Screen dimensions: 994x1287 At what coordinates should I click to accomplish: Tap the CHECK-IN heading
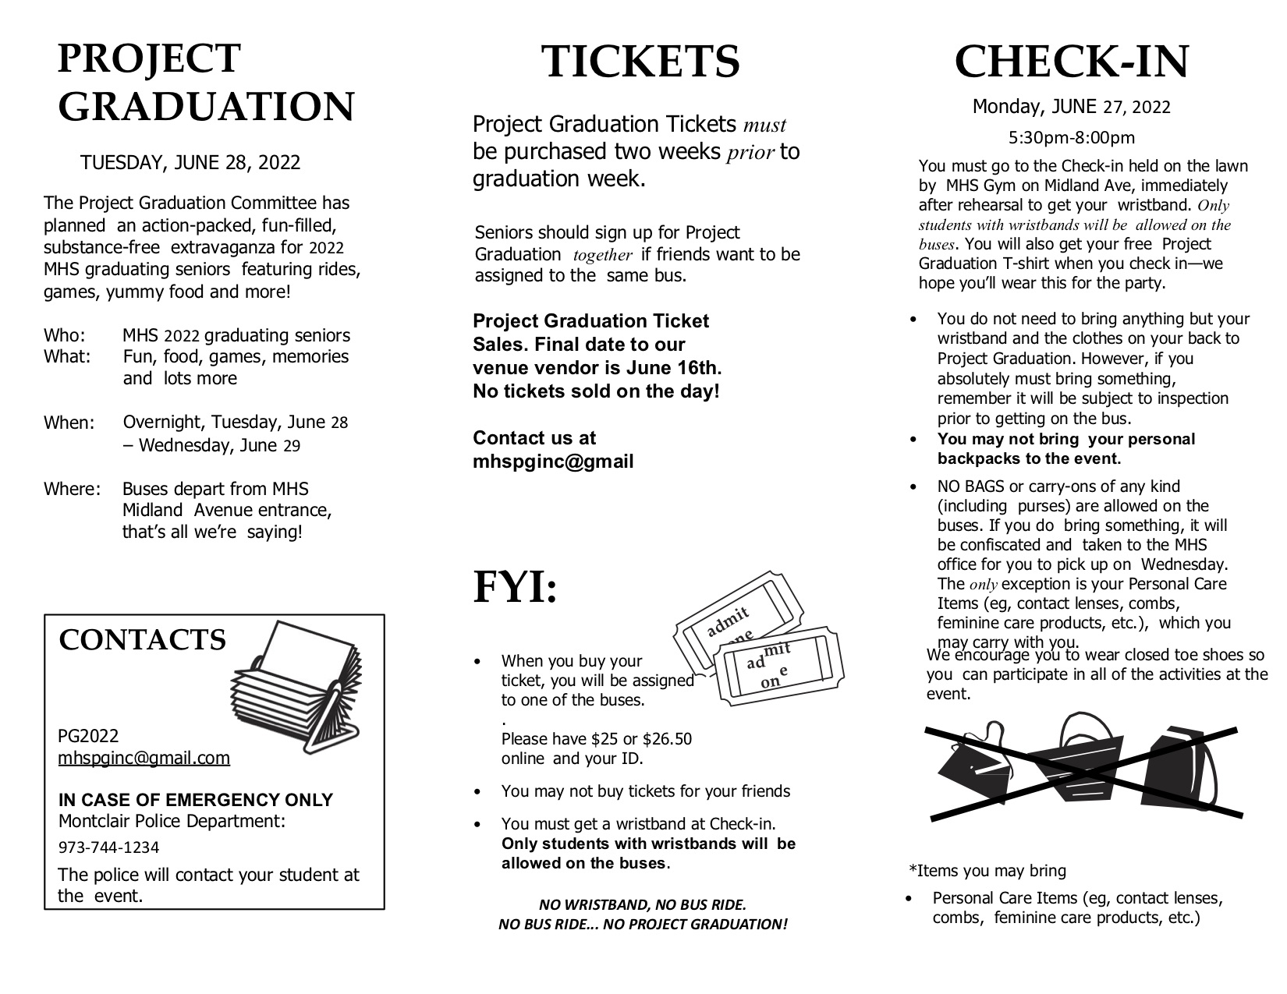pos(1071,62)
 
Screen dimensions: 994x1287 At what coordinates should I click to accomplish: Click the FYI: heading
pos(516,589)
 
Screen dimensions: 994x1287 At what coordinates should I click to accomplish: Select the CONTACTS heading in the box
pos(142,640)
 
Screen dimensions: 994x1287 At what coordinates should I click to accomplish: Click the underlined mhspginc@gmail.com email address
pos(144,758)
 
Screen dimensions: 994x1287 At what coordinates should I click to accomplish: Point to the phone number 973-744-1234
pos(108,847)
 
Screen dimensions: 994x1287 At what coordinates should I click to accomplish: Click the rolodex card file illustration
pos(296,688)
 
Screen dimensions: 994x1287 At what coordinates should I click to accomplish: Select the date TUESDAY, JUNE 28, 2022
pos(190,163)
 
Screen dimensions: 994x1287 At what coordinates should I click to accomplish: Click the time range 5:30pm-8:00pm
pos(1071,138)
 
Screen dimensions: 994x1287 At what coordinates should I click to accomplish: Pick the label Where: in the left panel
pos(72,490)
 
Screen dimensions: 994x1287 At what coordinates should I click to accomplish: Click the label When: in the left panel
pos(69,423)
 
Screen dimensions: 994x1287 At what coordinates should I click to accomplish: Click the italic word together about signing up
pos(602,255)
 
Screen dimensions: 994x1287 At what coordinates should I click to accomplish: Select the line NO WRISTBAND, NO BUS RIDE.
pos(643,905)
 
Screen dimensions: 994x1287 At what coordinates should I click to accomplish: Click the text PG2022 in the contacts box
pos(88,736)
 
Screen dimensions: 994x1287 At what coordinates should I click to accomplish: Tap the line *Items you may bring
pos(987,871)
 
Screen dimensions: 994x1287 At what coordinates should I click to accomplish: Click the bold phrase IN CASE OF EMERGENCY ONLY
pos(196,800)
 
